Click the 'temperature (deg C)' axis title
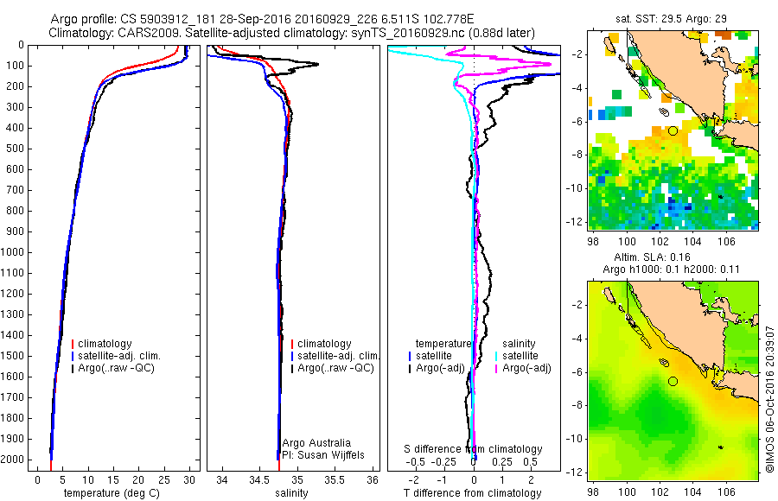pos(112,493)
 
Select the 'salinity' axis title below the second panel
pos(291,493)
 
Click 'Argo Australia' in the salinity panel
pos(316,443)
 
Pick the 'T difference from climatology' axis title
pos(474,493)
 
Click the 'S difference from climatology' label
pos(474,449)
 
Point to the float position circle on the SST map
pos(673,130)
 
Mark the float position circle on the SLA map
pos(673,381)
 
